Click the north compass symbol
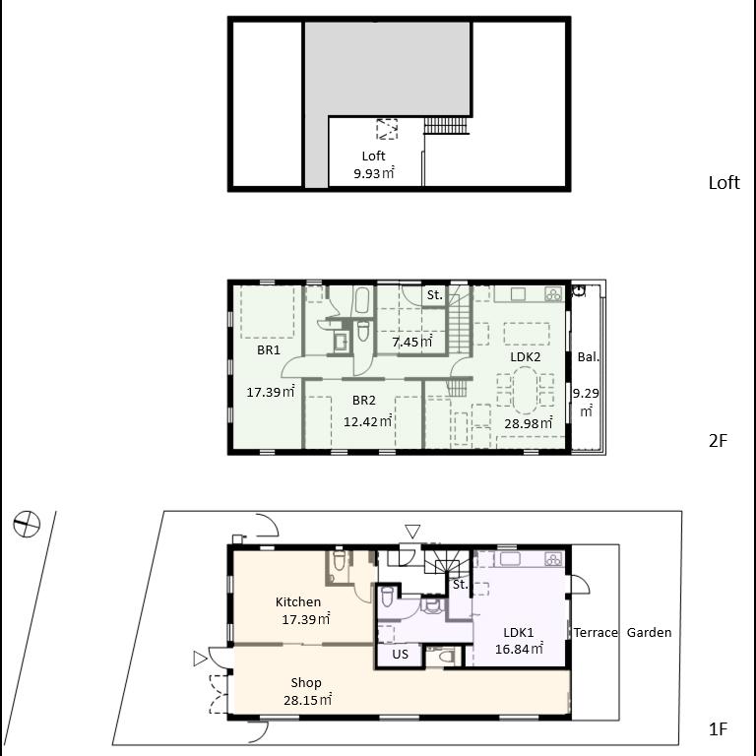pyautogui.click(x=27, y=524)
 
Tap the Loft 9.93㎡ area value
pyautogui.click(x=374, y=173)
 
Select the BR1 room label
pyautogui.click(x=269, y=350)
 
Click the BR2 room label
pyautogui.click(x=364, y=401)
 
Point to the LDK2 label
pyautogui.click(x=525, y=357)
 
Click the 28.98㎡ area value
pyautogui.click(x=529, y=424)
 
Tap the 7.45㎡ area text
pyautogui.click(x=411, y=343)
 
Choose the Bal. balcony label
pyautogui.click(x=589, y=357)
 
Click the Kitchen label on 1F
pyautogui.click(x=298, y=601)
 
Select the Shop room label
pyautogui.click(x=306, y=683)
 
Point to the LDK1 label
pyautogui.click(x=519, y=633)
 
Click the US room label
pyautogui.click(x=401, y=655)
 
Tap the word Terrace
pyautogui.click(x=596, y=633)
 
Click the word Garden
pyautogui.click(x=649, y=633)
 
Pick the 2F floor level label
pyautogui.click(x=718, y=441)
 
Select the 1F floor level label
pyautogui.click(x=718, y=729)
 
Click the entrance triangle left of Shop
pyautogui.click(x=200, y=659)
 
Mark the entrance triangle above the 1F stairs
pyautogui.click(x=412, y=532)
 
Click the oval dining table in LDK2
pyautogui.click(x=525, y=391)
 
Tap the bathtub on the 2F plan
pyautogui.click(x=362, y=300)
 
